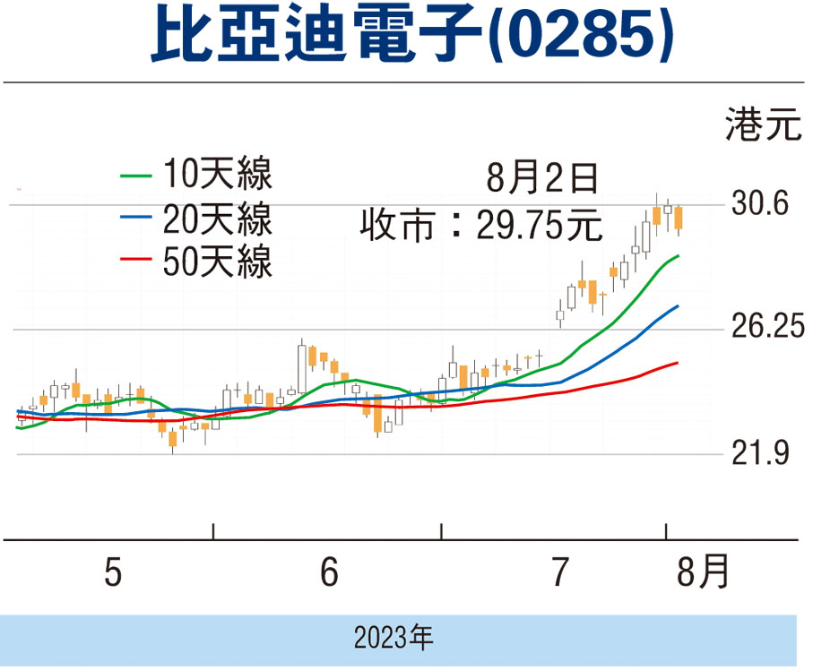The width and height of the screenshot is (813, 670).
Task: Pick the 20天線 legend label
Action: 218,218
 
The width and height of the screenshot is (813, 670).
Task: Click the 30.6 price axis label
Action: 759,204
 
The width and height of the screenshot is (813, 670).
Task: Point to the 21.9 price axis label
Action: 759,455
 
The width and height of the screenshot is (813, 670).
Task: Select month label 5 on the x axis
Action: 112,572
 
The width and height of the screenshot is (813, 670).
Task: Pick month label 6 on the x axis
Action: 329,572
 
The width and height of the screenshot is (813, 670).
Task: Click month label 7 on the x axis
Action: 560,572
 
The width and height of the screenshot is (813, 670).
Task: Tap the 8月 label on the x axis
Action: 703,572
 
